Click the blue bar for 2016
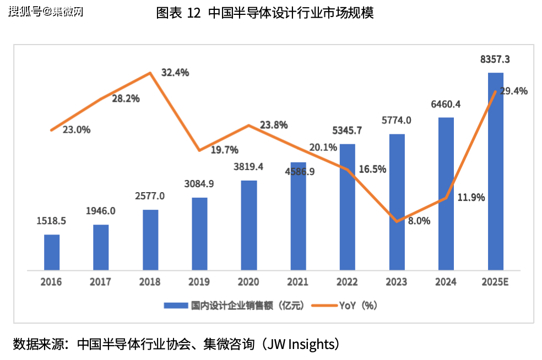pos(52,252)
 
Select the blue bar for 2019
pos(199,233)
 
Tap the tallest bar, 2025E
pos(496,171)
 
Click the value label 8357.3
pos(495,59)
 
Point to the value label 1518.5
pos(51,221)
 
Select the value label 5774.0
pos(397,121)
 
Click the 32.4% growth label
pos(175,72)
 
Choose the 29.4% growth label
pos(513,91)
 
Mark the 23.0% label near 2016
pos(77,130)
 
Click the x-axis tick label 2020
pos(248,282)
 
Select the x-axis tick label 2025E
pos(495,282)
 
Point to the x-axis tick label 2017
pos(100,282)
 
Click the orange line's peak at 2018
pos(150,73)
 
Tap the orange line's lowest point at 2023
pos(397,221)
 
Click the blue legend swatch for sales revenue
pos(176,306)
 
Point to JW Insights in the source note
pos(300,345)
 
